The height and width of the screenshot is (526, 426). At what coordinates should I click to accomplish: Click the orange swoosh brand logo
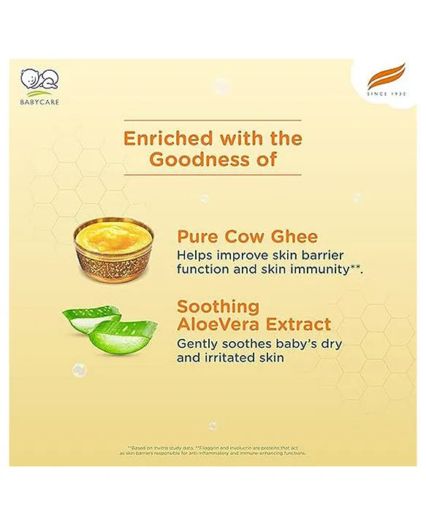pos(387,76)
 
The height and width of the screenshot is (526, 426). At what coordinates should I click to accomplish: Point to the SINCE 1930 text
pos(387,94)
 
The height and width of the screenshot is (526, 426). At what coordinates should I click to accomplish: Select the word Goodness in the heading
pos(194,159)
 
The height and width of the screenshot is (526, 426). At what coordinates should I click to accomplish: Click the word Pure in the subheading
pos(197,237)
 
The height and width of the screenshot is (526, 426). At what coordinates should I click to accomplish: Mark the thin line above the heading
pos(212,120)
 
